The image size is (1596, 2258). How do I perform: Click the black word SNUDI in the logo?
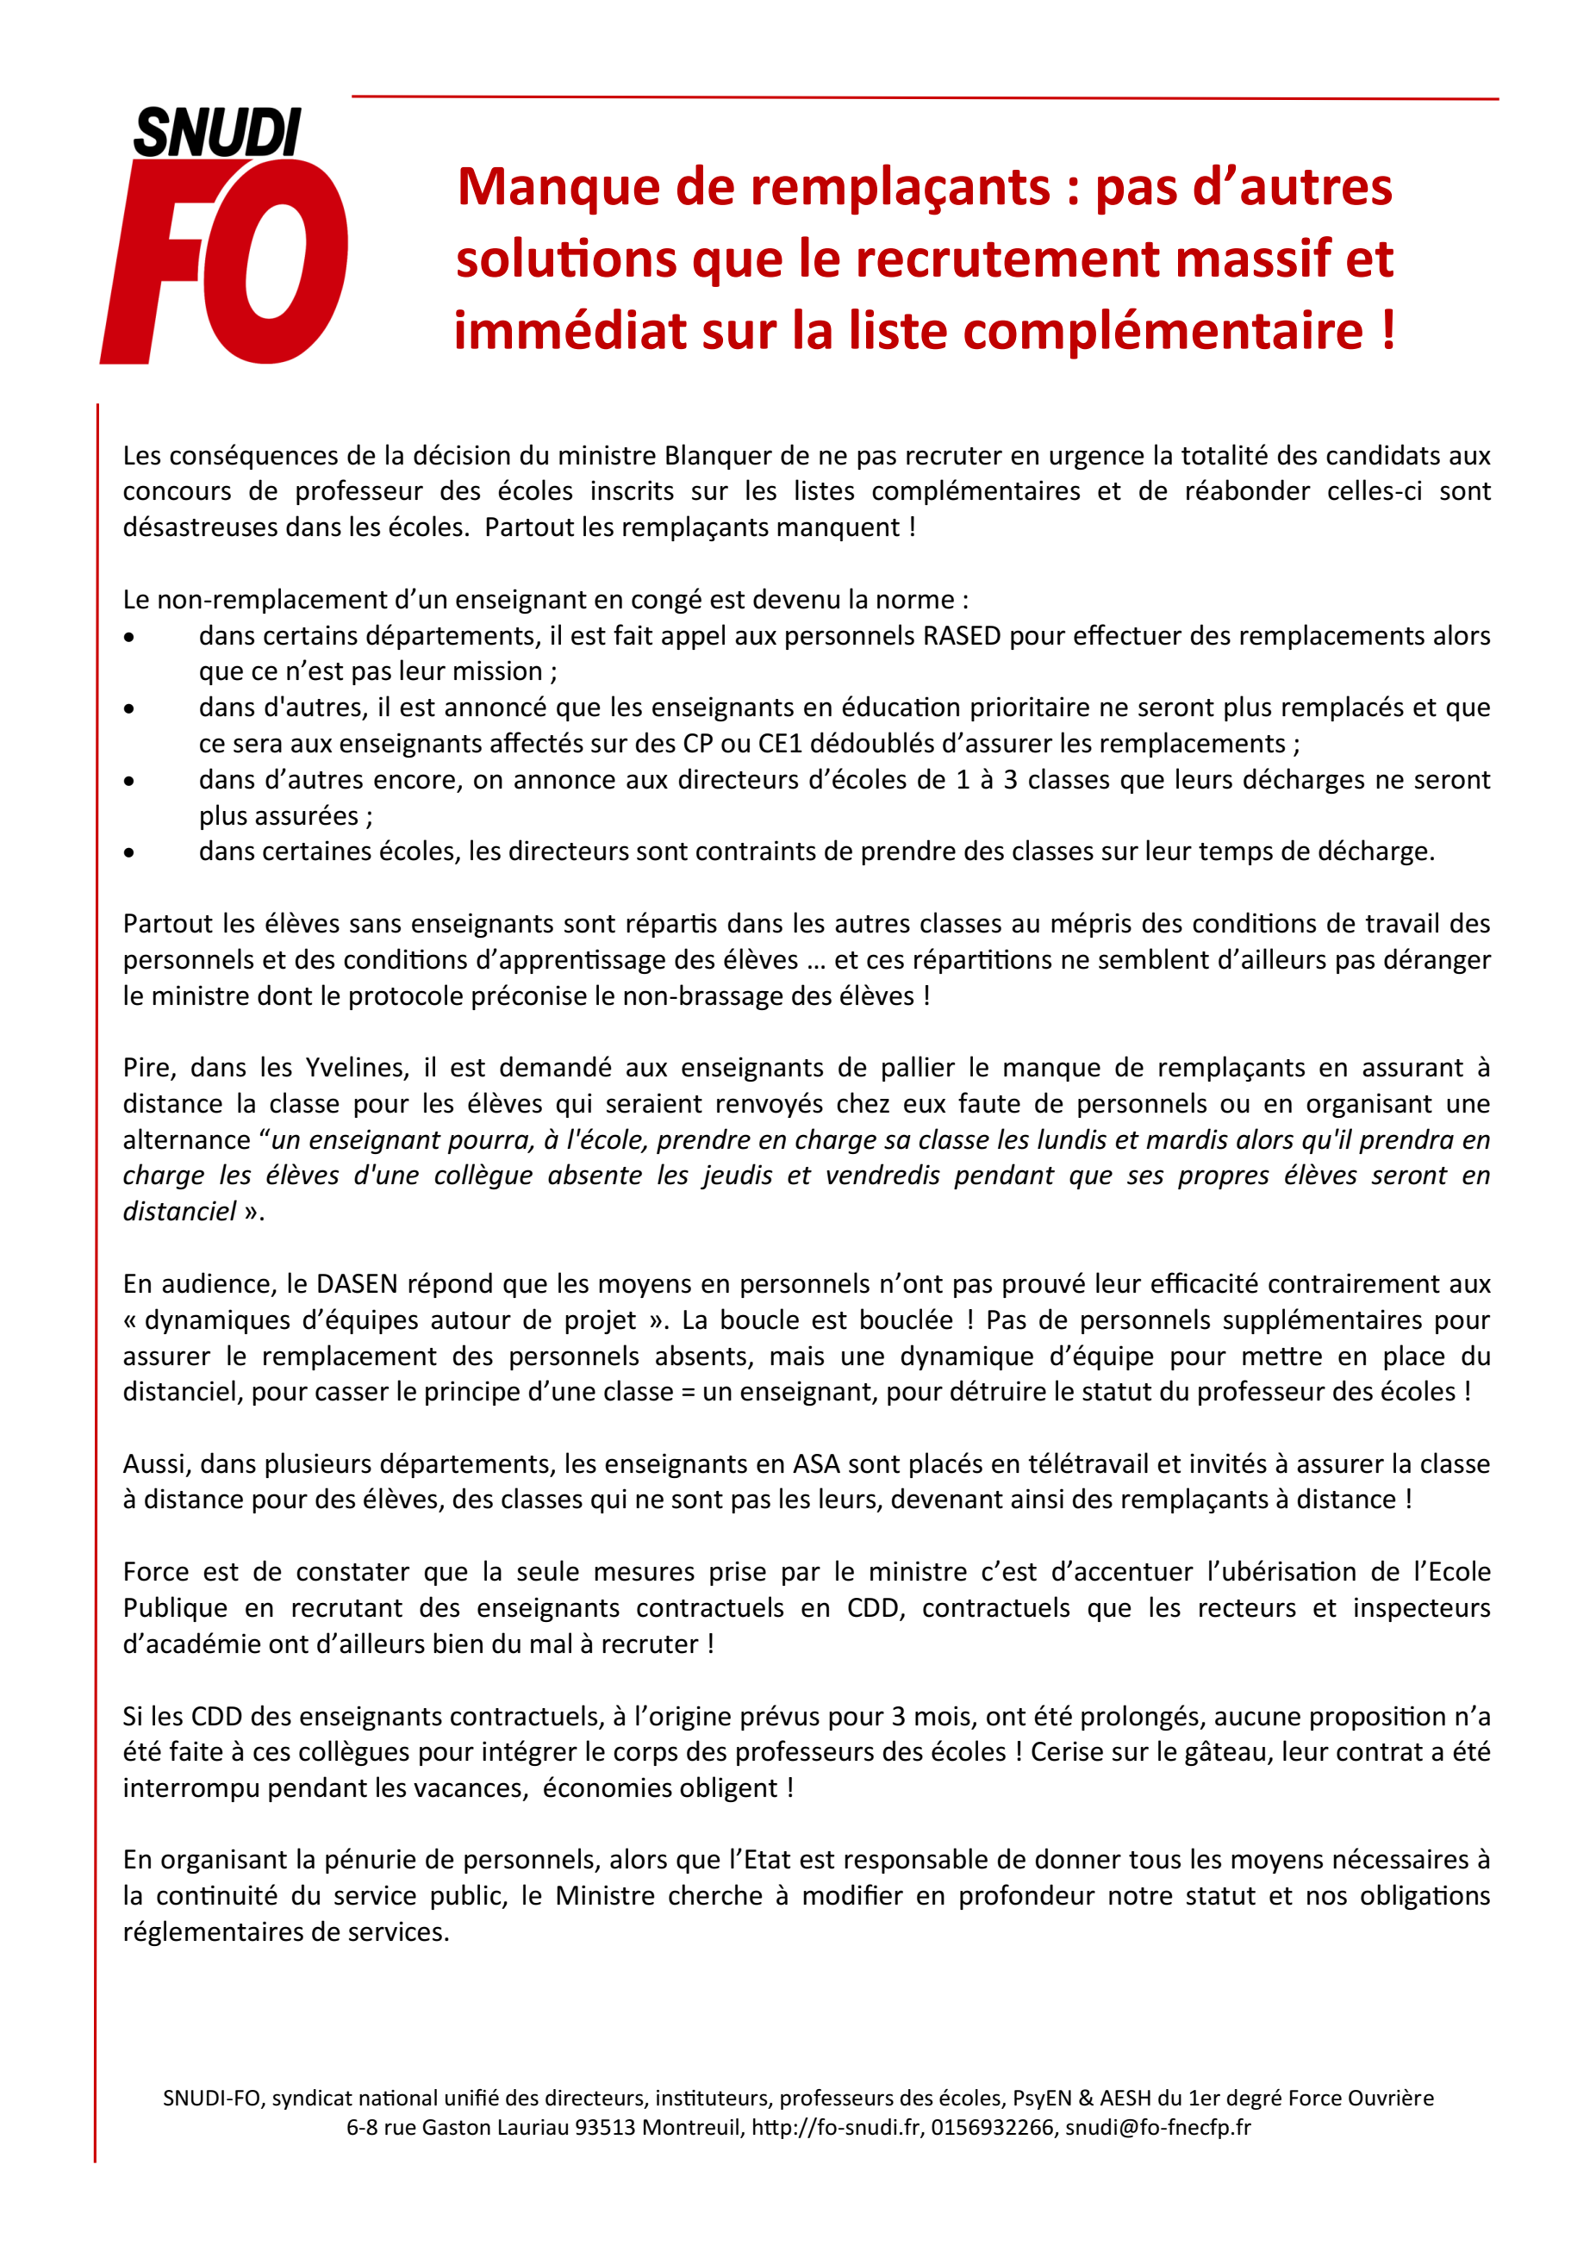217,133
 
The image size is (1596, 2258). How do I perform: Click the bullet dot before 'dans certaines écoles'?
128,852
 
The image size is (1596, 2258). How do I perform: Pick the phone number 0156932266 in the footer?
992,2127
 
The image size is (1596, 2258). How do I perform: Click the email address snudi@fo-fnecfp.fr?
1157,2127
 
